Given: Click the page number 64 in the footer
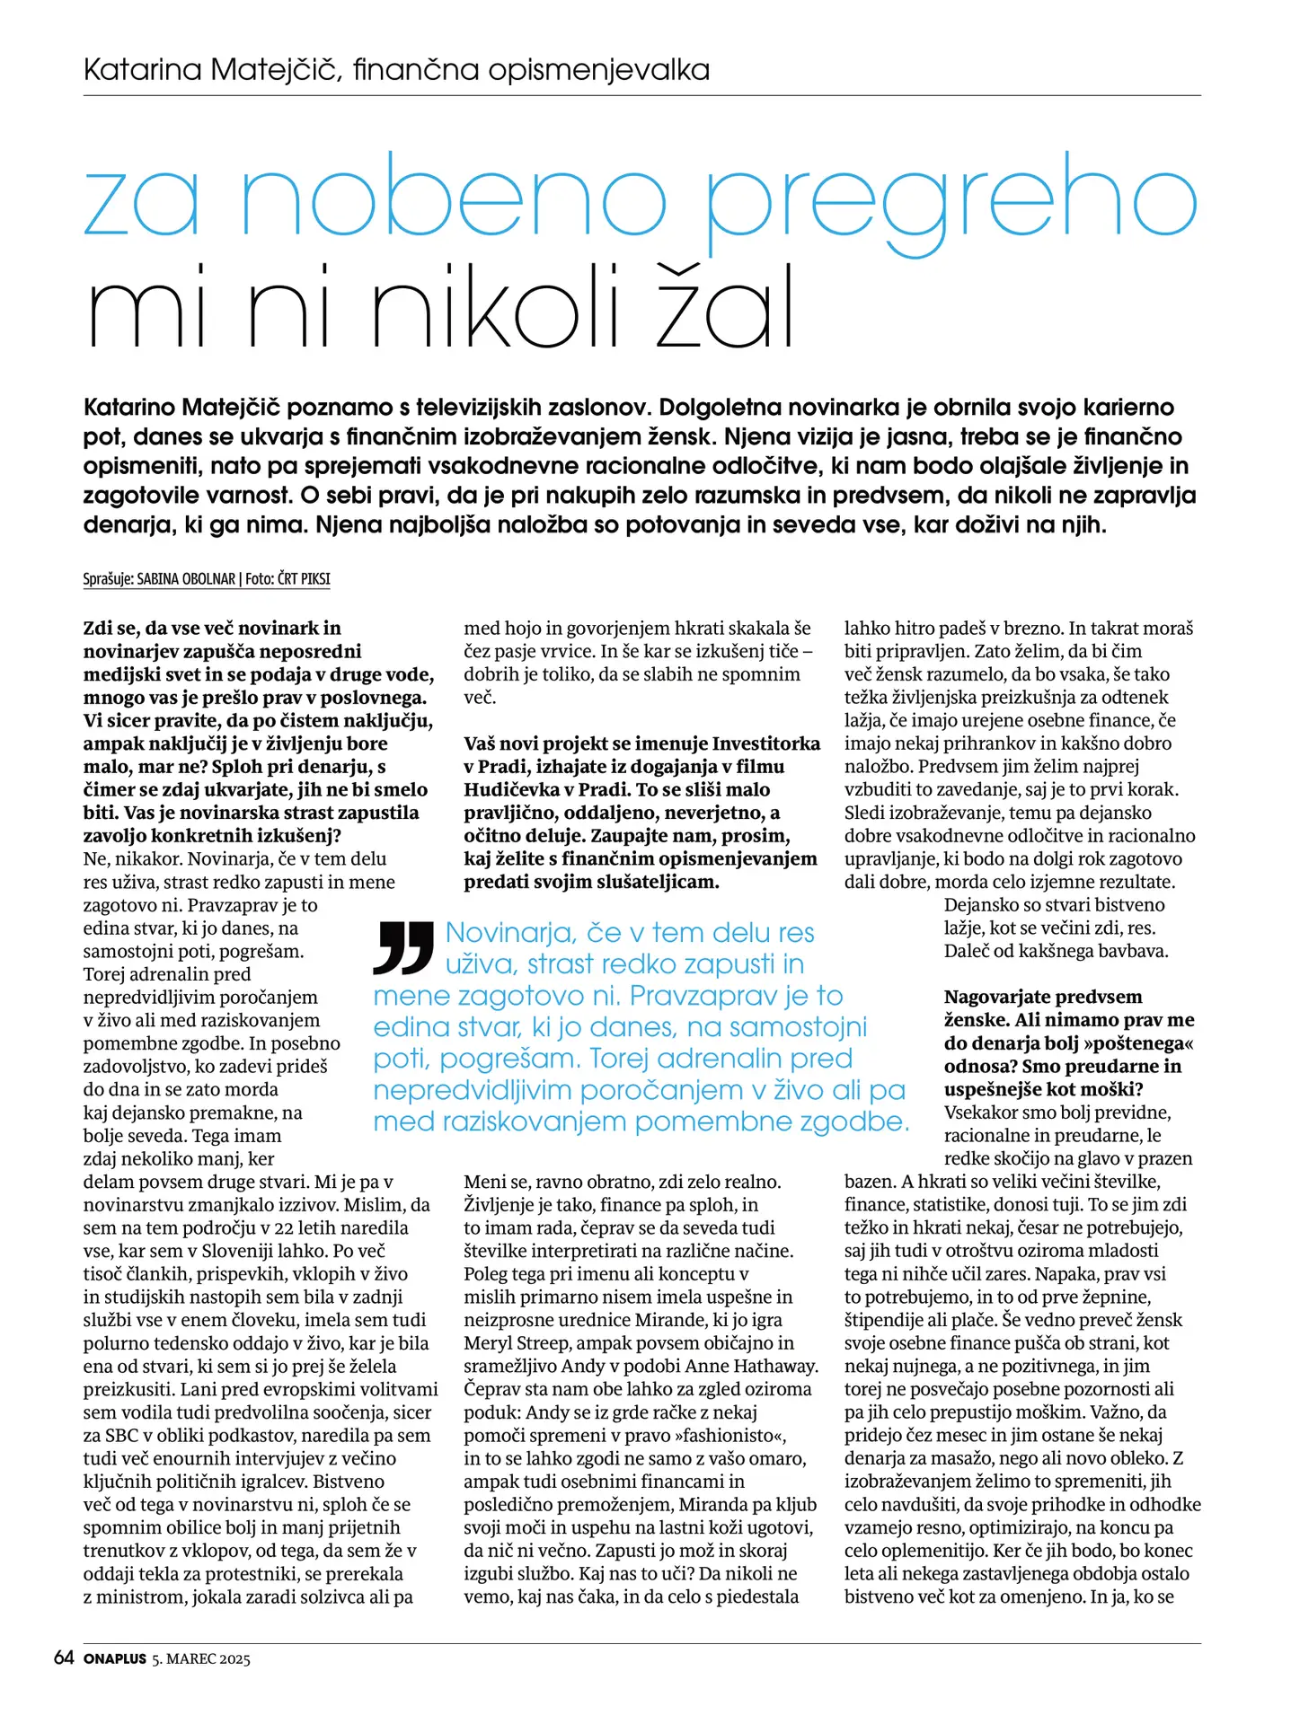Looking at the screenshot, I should pos(64,1658).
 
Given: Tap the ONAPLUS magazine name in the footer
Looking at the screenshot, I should pos(114,1659).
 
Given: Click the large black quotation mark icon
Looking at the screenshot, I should pos(403,947).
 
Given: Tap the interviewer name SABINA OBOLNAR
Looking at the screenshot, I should pos(186,579).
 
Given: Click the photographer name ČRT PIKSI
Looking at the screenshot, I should pos(304,579).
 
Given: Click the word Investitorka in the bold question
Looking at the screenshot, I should pos(765,743).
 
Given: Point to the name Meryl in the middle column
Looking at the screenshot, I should pos(491,1343).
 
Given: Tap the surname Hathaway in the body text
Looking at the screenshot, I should pos(775,1367).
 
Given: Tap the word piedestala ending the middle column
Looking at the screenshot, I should pos(757,1596).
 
